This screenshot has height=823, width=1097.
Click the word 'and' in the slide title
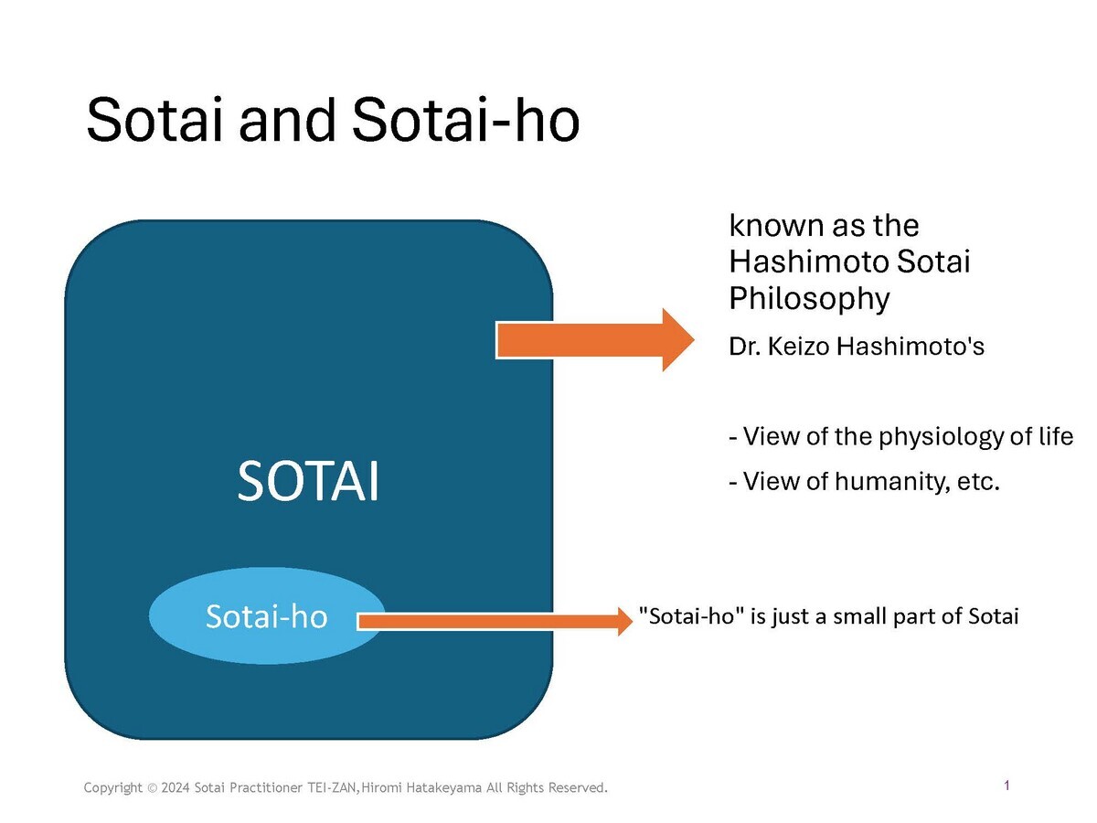[x=286, y=120]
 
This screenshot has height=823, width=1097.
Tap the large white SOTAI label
[x=308, y=480]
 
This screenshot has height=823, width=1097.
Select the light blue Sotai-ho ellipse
[x=267, y=615]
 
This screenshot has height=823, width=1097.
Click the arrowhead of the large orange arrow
[x=678, y=340]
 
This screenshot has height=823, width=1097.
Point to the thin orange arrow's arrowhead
[x=625, y=621]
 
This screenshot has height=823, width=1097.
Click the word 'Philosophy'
[x=809, y=298]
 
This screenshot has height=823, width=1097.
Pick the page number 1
[x=1006, y=785]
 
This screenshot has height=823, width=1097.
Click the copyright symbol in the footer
[x=152, y=788]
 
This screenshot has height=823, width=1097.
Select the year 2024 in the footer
[x=176, y=787]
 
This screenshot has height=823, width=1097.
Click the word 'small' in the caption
[x=858, y=615]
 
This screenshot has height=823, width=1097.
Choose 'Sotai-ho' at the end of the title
[x=466, y=120]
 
